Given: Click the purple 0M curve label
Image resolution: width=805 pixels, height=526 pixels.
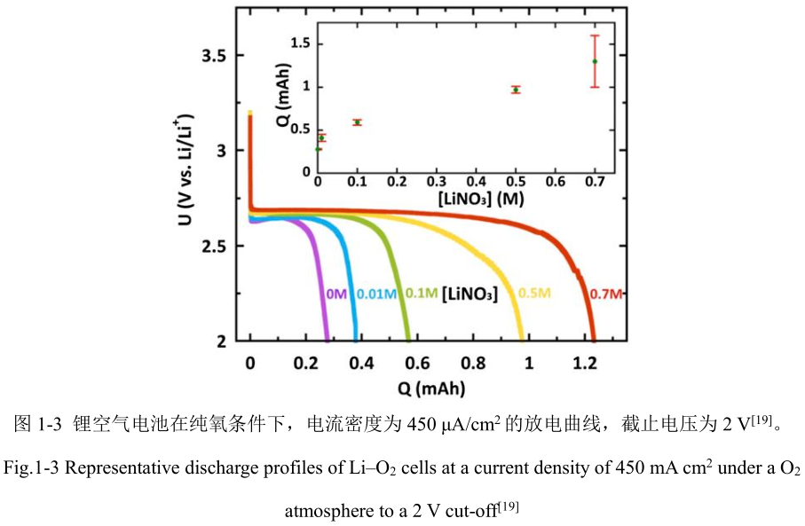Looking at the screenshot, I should [335, 294].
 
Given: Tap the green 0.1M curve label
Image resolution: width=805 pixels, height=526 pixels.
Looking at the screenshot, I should [420, 294].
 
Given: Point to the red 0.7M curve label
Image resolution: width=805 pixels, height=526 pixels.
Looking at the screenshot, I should [608, 294].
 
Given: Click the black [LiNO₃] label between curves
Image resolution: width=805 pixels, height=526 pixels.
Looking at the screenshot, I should [469, 294].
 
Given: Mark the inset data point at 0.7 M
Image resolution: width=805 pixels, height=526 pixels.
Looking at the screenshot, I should [595, 61].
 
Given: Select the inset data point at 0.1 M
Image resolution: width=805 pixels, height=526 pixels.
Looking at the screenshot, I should [358, 122].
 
